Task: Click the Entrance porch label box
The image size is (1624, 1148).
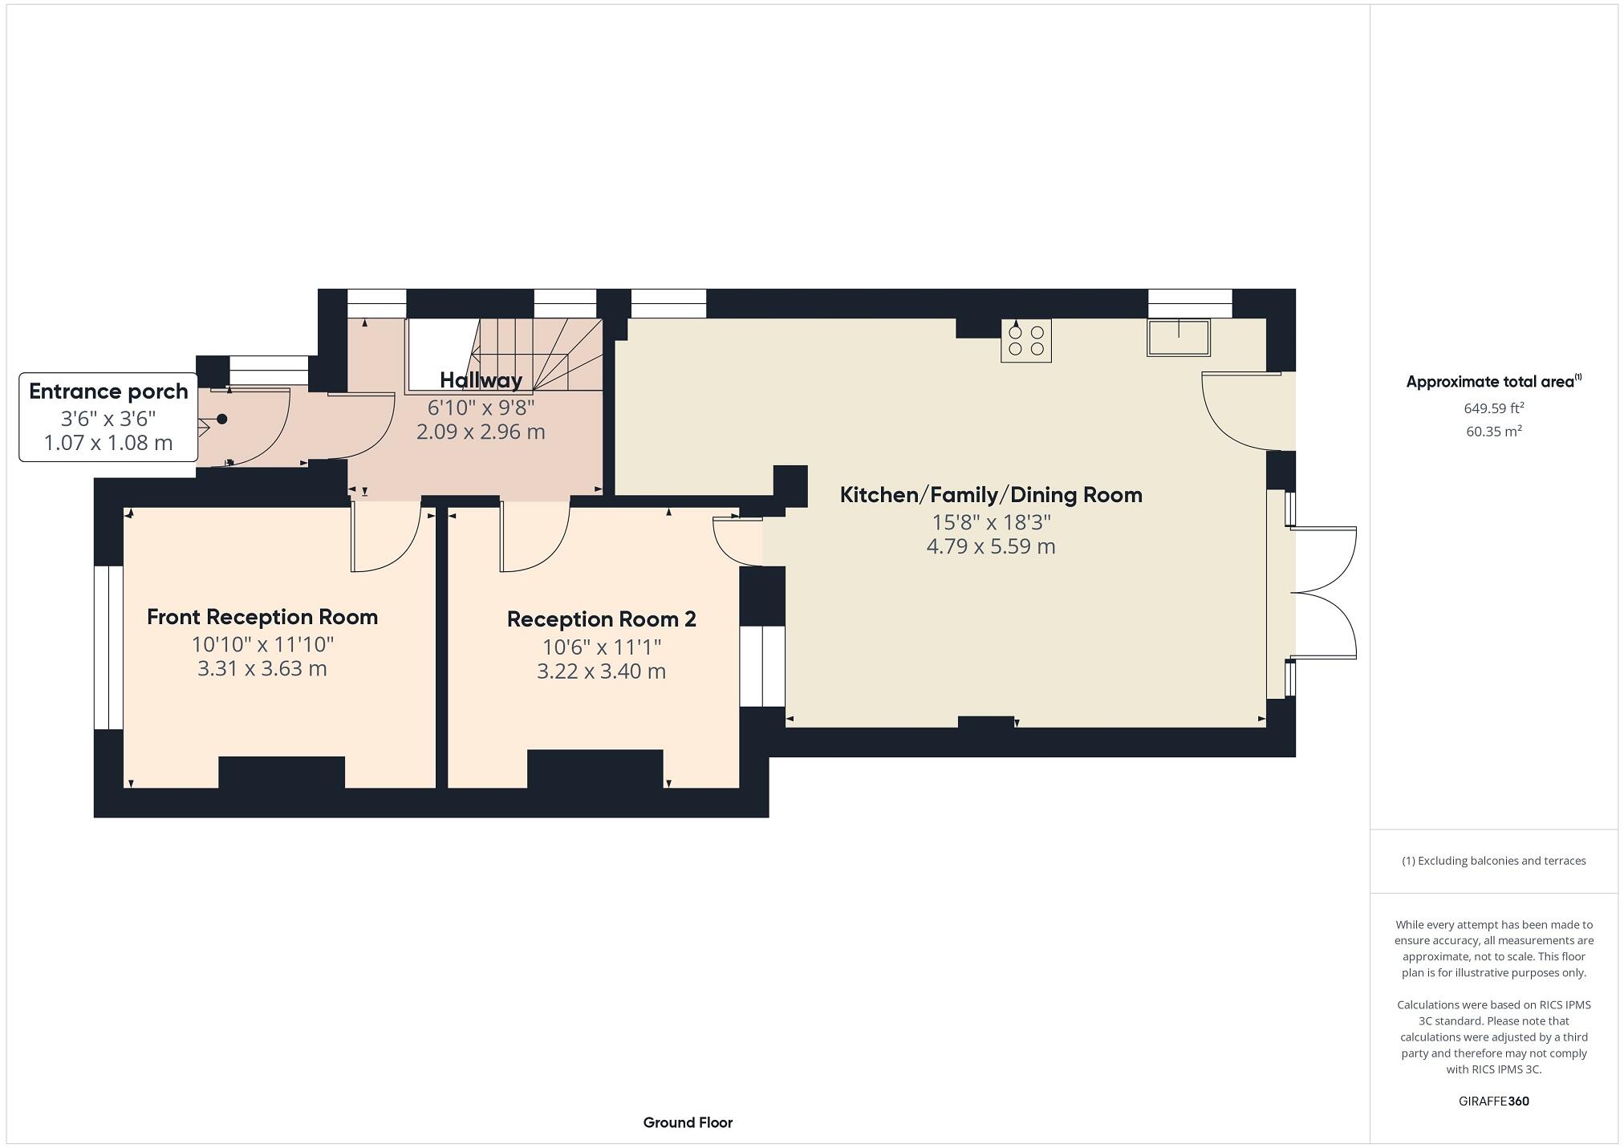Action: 108,417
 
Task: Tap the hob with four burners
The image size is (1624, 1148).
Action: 1025,341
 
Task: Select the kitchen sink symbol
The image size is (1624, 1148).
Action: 1178,338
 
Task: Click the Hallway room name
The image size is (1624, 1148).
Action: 481,380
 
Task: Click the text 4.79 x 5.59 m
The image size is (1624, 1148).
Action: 991,547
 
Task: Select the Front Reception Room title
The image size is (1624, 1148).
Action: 262,617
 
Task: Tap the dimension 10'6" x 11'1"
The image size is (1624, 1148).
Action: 602,647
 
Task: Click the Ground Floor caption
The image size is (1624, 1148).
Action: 688,1122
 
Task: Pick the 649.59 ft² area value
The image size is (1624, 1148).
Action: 1493,408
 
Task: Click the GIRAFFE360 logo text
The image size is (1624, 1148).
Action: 1493,1101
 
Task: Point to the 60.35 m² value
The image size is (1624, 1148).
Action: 1493,431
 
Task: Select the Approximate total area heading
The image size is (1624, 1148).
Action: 1492,382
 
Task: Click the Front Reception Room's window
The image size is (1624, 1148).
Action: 108,647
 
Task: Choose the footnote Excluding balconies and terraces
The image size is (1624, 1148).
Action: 1493,861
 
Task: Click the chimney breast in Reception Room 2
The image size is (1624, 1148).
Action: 595,769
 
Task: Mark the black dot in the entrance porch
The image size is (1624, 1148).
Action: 222,419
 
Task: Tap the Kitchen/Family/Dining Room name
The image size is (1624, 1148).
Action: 991,495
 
